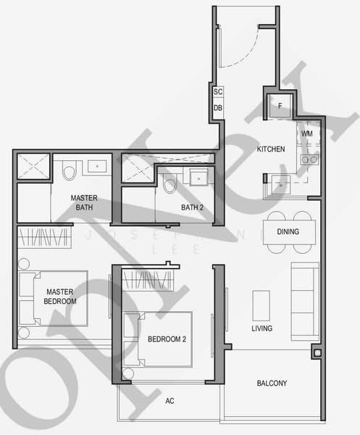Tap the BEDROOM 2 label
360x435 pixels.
pos(167,339)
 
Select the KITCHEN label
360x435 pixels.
pos(271,149)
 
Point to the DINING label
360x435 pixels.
pos(292,232)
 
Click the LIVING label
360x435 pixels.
pos(262,328)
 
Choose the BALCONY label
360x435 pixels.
pos(272,384)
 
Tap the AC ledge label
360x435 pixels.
pos(170,400)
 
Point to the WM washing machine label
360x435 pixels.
pos(307,133)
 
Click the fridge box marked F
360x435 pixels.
pos(280,106)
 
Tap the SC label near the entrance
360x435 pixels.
pos(218,93)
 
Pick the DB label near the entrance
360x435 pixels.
pos(218,108)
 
